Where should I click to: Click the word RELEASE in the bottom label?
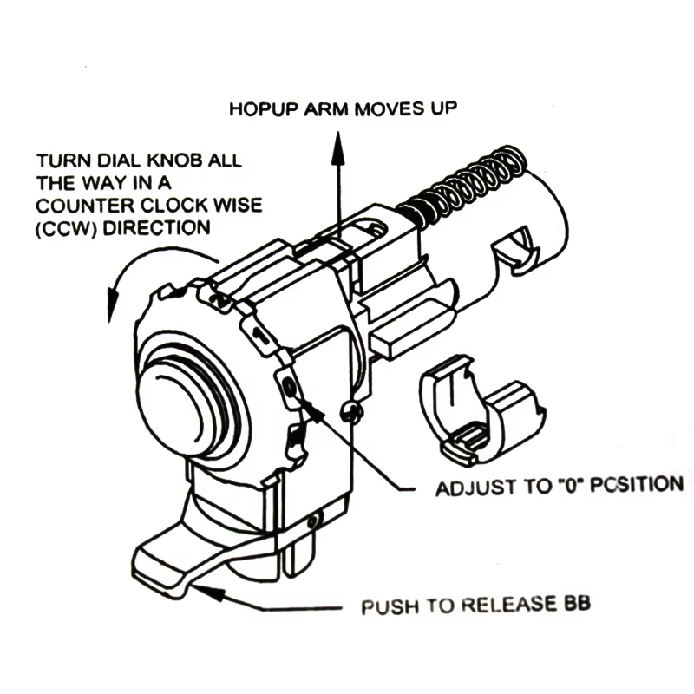coord(508,605)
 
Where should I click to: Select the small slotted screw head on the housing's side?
coord(352,412)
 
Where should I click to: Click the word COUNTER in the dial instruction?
coord(84,206)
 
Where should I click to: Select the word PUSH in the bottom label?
coord(390,607)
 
